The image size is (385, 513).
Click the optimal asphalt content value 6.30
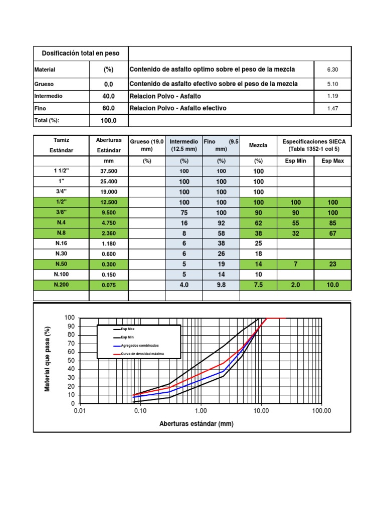(x=333, y=70)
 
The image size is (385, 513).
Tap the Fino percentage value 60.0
(x=109, y=108)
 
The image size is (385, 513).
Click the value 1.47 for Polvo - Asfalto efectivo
(x=333, y=108)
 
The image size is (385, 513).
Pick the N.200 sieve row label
(x=61, y=285)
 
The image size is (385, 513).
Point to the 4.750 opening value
(x=109, y=223)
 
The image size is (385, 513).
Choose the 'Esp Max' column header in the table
(x=333, y=161)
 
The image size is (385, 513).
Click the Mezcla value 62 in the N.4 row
(x=258, y=223)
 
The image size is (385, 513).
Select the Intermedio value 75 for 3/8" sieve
(x=184, y=212)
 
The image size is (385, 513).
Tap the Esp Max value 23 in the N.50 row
(x=333, y=264)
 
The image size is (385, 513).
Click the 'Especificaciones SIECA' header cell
(x=314, y=145)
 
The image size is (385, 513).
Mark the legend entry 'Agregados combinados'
(x=137, y=346)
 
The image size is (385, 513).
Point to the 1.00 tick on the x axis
(x=201, y=411)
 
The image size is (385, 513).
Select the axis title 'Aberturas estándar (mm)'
(x=197, y=424)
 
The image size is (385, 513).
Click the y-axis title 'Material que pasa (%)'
(x=48, y=359)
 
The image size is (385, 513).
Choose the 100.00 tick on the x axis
(x=321, y=411)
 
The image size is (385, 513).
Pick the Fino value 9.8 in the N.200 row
(x=221, y=285)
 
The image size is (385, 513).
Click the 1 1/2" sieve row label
(x=61, y=171)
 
